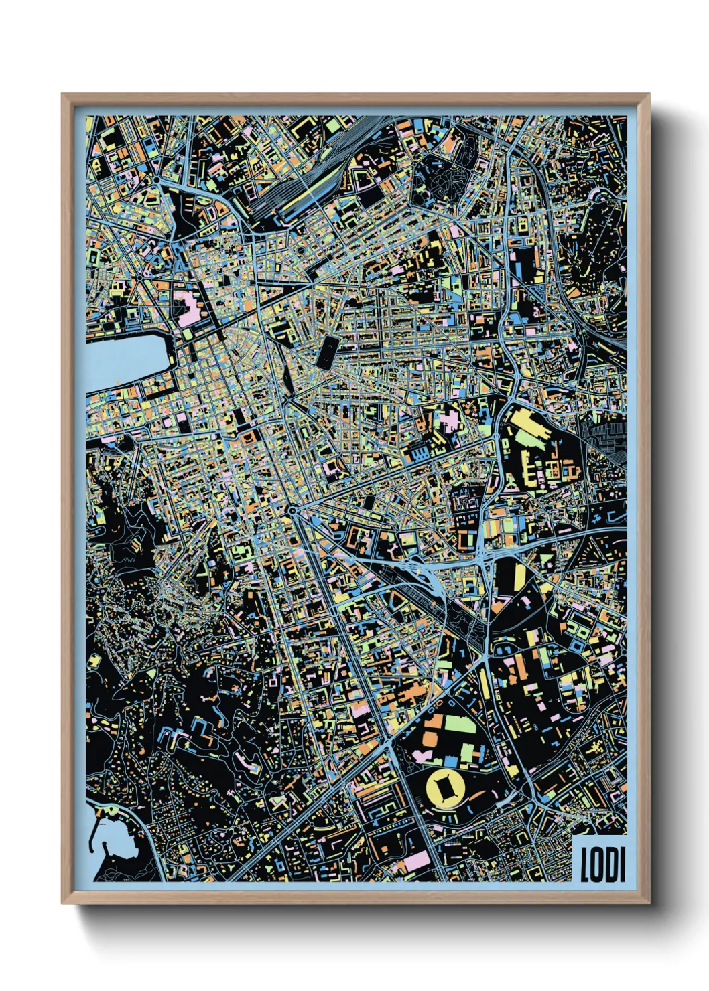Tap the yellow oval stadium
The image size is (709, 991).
click(x=444, y=788)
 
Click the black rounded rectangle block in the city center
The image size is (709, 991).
click(x=329, y=351)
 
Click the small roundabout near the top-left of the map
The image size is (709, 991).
click(x=156, y=179)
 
